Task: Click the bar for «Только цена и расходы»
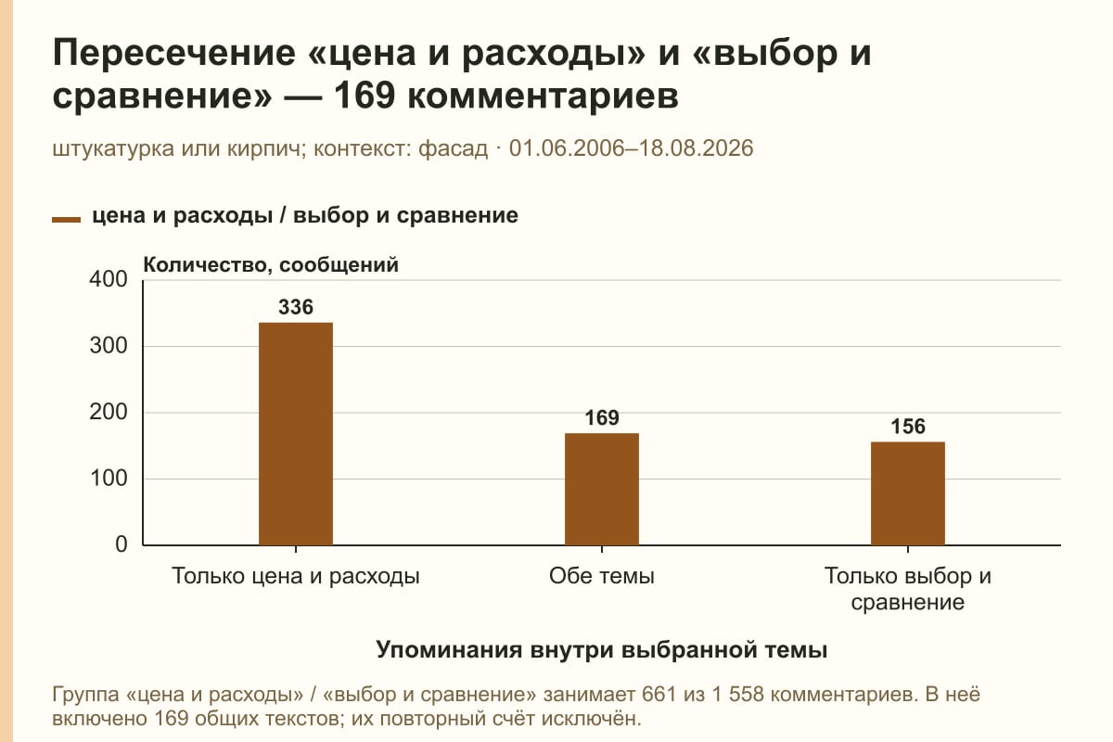[x=296, y=434]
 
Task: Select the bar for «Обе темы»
[x=602, y=489]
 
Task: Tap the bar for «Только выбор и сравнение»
[x=908, y=493]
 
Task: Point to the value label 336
[x=296, y=307]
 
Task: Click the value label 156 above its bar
[x=908, y=427]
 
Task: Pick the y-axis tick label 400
[x=109, y=279]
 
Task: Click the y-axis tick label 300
[x=109, y=346]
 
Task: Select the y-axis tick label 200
[x=109, y=412]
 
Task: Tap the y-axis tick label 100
[x=109, y=479]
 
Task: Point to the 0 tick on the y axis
[x=122, y=544]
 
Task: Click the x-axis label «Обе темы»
[x=602, y=577]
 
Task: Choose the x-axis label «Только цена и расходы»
[x=296, y=577]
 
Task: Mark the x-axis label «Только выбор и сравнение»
[x=908, y=589]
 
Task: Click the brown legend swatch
[x=66, y=220]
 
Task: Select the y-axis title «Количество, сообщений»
[x=271, y=265]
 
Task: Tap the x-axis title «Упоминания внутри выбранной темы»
[x=602, y=650]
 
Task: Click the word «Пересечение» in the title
[x=174, y=53]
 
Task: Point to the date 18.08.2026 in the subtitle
[x=696, y=148]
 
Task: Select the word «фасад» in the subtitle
[x=454, y=149]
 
